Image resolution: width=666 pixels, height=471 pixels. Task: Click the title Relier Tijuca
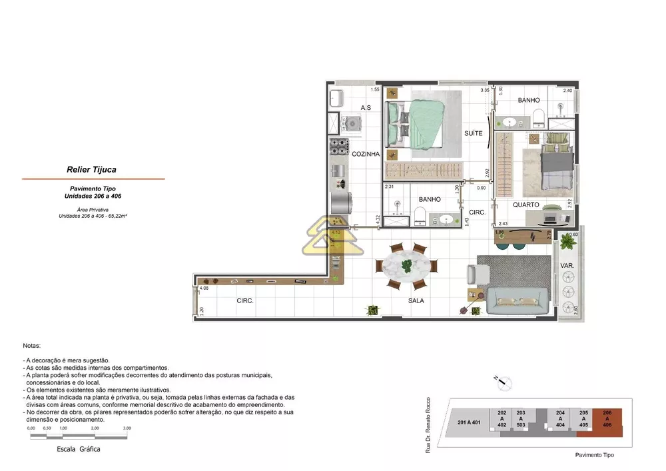point(91,170)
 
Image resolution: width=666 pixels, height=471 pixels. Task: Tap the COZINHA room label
point(366,154)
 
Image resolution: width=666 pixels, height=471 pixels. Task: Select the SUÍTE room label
point(473,133)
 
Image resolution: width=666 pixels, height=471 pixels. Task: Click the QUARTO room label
point(525,205)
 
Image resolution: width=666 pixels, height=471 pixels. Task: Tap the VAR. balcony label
point(567,265)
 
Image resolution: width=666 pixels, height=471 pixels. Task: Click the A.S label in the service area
point(366,108)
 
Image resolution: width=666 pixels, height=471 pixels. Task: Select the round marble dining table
point(407,266)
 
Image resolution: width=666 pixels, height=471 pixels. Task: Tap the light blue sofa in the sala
point(517,300)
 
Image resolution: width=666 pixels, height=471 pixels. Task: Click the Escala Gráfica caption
point(79,450)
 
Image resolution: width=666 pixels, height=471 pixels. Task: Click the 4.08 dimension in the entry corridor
point(204,288)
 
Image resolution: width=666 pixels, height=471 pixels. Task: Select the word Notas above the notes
point(31,346)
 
